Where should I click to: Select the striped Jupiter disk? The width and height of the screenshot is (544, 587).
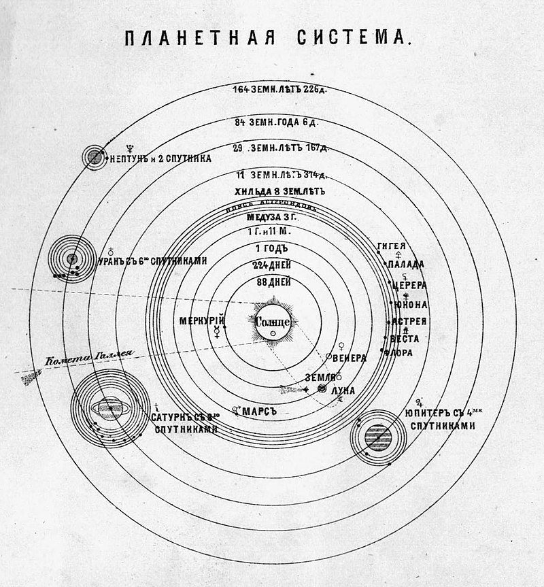coord(377,436)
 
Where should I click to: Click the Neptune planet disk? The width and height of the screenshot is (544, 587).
coord(95,158)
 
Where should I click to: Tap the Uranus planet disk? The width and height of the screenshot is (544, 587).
coord(72,258)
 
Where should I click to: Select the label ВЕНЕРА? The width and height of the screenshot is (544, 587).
coord(351,358)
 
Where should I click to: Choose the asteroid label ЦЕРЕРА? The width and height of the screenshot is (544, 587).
coord(410,286)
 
